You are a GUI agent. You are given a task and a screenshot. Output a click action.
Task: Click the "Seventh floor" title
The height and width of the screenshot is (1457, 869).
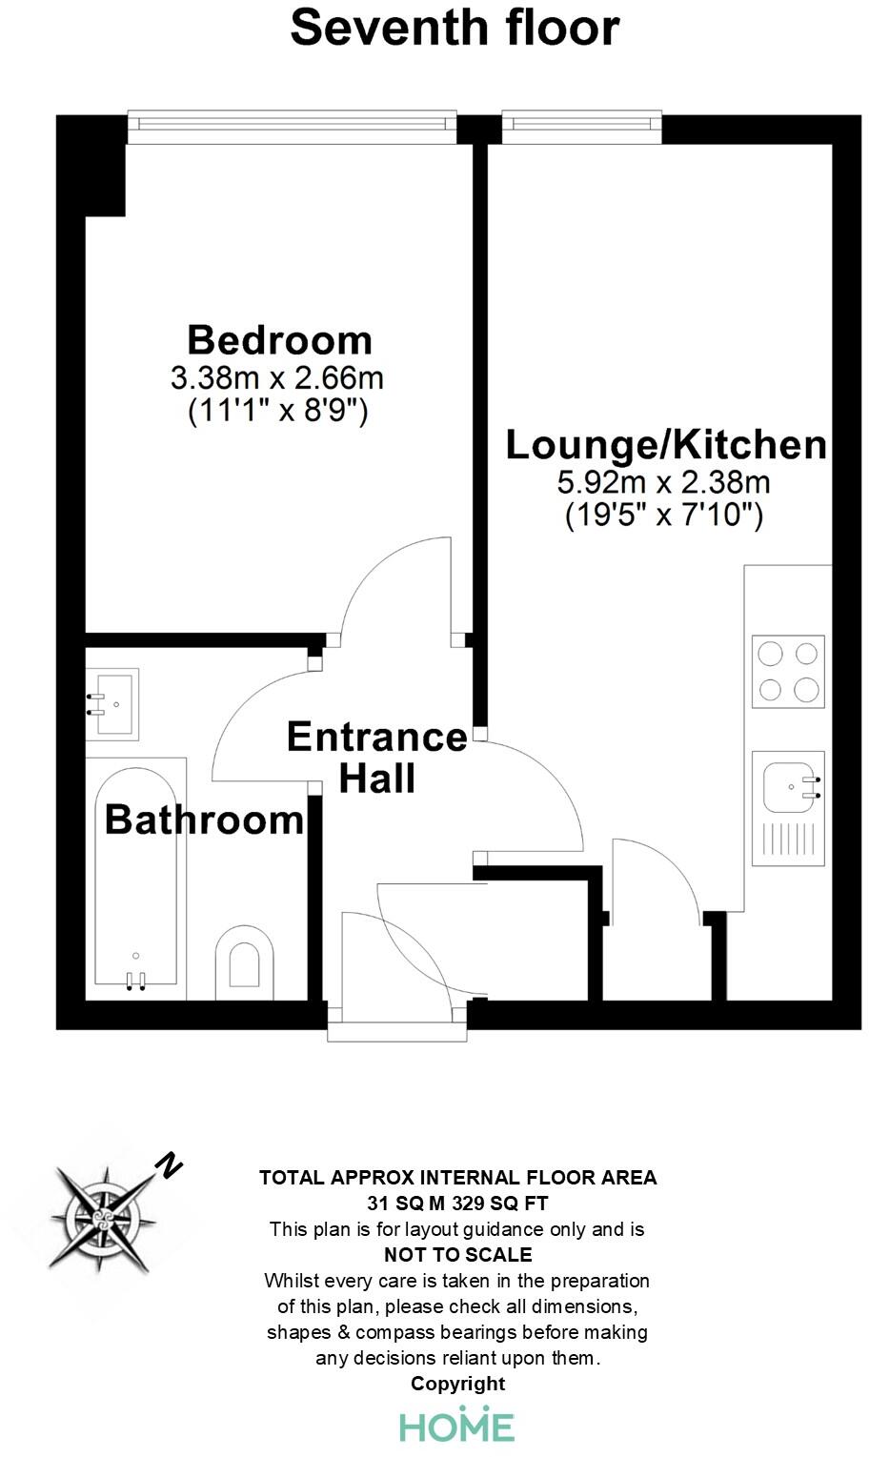point(455,28)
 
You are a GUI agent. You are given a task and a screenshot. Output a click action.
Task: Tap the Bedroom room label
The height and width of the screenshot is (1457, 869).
point(279,340)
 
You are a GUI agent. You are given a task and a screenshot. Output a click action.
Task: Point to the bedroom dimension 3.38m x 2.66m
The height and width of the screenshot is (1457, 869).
point(277,378)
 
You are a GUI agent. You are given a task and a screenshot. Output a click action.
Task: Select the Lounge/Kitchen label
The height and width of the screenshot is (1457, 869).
point(665,445)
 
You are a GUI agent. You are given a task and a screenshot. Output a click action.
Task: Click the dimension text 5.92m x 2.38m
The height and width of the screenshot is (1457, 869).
point(664,482)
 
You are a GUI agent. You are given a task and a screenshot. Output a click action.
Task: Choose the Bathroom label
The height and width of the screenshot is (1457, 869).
point(204,820)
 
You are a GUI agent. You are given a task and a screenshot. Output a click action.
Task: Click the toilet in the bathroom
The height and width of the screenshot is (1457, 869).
point(245,961)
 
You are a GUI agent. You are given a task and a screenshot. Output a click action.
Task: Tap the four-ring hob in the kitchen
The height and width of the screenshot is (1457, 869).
point(788,672)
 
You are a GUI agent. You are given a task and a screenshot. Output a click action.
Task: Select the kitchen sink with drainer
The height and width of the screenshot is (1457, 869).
point(788,808)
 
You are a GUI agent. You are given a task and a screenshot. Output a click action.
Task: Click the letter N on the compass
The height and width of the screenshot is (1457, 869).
point(170,1164)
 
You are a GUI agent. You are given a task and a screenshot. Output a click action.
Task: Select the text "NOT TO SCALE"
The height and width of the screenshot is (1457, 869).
point(457,1255)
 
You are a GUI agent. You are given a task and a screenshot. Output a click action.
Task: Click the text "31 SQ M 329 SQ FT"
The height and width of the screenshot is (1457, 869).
point(457,1204)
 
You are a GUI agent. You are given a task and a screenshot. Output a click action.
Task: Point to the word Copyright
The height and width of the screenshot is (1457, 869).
point(457,1384)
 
